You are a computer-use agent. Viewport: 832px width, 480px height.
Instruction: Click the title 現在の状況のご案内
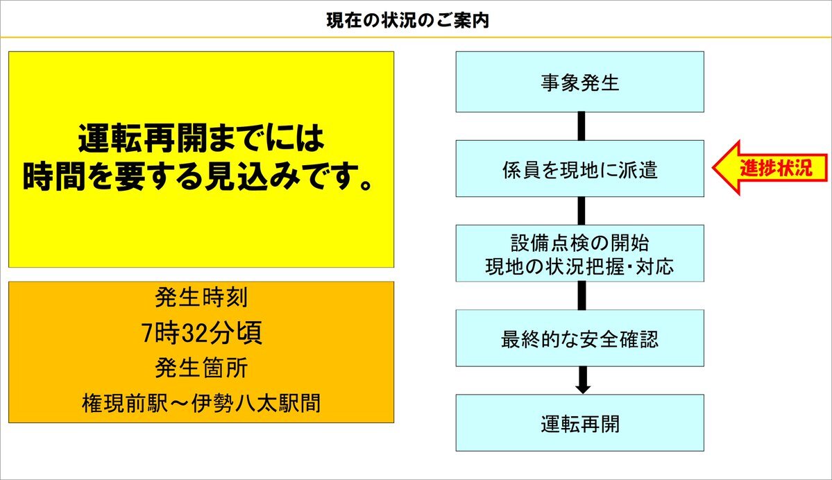coord(407,21)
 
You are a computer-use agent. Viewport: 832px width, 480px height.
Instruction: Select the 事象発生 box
coord(580,82)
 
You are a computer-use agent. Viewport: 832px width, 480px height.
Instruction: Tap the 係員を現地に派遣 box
coord(580,169)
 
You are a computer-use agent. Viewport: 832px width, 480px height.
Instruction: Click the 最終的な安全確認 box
coord(580,338)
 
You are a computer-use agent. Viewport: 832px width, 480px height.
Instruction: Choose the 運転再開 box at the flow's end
coord(580,422)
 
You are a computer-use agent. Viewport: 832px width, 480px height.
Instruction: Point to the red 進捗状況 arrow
coord(770,168)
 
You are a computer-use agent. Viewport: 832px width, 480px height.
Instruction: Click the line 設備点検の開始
coord(580,243)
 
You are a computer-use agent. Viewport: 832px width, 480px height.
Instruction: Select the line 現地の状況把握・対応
coord(580,266)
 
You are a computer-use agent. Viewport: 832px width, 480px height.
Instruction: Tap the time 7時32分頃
coord(202,333)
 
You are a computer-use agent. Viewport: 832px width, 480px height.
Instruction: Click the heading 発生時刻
coord(202,297)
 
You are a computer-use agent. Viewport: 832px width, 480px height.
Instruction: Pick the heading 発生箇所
coord(202,368)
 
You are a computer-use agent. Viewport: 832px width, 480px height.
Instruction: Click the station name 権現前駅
coord(125,403)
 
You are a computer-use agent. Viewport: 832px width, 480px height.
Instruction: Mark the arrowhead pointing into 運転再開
coord(583,388)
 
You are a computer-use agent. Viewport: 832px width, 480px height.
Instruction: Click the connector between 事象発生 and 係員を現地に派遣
coord(581,126)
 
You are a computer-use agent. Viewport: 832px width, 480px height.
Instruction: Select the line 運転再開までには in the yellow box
coord(201,138)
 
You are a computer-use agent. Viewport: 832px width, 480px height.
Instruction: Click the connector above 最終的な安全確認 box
coord(581,295)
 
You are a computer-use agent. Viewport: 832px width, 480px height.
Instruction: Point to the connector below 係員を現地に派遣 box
coord(581,211)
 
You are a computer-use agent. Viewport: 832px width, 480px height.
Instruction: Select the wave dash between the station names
coord(180,404)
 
